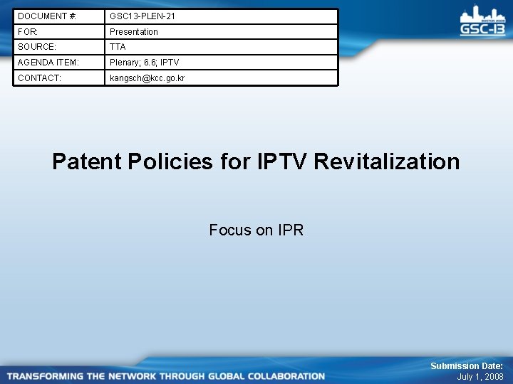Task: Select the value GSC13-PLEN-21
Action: point(142,16)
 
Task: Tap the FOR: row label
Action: point(28,31)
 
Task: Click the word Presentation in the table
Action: point(134,31)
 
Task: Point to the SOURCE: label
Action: point(36,47)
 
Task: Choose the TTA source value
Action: point(118,47)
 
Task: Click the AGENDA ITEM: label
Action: point(48,63)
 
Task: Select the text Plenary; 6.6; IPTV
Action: point(144,63)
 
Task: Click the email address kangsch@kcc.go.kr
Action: point(147,78)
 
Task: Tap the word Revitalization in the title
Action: point(387,161)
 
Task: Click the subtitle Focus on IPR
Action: point(256,230)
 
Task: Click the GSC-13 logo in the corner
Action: point(482,21)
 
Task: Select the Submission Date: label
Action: point(467,366)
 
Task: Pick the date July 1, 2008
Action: point(480,377)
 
